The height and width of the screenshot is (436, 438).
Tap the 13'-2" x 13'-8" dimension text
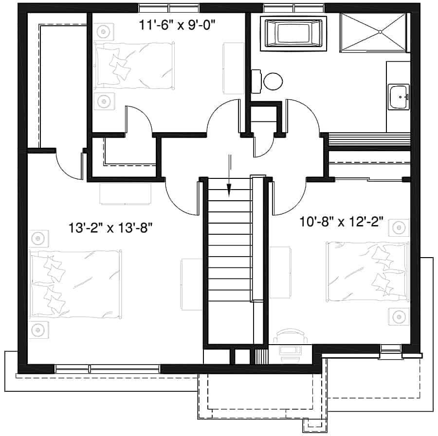[x=111, y=227]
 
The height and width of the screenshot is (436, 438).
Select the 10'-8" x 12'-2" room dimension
[x=342, y=223]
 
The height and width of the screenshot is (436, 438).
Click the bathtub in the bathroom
[x=293, y=33]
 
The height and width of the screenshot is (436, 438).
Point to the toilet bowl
[x=273, y=81]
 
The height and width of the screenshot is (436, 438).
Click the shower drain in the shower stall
[x=380, y=32]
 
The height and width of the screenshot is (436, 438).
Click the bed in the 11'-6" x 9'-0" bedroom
[x=134, y=66]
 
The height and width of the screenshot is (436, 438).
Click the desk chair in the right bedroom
[x=291, y=336]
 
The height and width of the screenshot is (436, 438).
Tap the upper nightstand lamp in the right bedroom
[x=399, y=227]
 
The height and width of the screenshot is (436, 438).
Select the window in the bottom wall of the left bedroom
[x=107, y=368]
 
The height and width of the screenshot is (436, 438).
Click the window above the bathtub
[x=293, y=7]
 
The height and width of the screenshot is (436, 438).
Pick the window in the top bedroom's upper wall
[x=168, y=7]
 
